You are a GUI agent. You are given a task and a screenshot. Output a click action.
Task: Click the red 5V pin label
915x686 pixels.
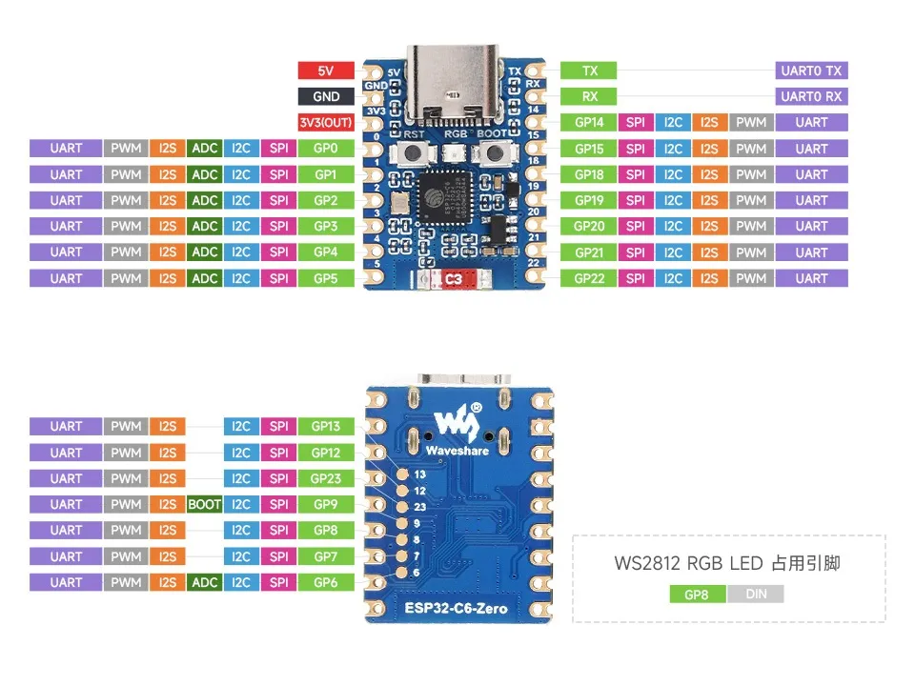pyautogui.click(x=326, y=71)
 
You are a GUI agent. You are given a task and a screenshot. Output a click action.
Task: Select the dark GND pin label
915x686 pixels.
pyautogui.click(x=326, y=96)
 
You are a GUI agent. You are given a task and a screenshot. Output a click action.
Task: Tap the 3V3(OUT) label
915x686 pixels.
pyautogui.click(x=326, y=122)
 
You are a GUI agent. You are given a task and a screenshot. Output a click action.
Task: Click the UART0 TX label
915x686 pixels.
pyautogui.click(x=811, y=71)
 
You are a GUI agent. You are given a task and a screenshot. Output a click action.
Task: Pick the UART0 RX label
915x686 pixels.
pyautogui.click(x=811, y=96)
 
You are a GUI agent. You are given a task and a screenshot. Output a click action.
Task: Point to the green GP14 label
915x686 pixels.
pyautogui.click(x=588, y=122)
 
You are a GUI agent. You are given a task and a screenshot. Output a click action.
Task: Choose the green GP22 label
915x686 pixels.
pyautogui.click(x=588, y=278)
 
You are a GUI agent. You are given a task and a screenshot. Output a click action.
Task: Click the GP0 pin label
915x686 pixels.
pyautogui.click(x=326, y=149)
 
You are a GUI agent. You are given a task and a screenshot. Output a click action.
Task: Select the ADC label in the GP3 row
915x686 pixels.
pyautogui.click(x=204, y=226)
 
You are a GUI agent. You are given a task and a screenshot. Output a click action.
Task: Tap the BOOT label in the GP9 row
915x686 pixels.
pyautogui.click(x=204, y=504)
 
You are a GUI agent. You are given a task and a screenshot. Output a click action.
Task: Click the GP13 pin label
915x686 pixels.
pyautogui.click(x=326, y=427)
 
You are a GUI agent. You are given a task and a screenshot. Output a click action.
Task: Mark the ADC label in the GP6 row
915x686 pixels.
pyautogui.click(x=204, y=582)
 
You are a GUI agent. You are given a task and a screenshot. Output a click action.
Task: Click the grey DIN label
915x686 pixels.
pyautogui.click(x=755, y=595)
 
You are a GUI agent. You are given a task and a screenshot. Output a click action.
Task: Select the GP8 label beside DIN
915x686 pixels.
pyautogui.click(x=698, y=595)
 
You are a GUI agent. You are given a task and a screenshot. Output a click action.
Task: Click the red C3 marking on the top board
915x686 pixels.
pyautogui.click(x=453, y=279)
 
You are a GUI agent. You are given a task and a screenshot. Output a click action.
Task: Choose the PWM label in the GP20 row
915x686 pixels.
pyautogui.click(x=751, y=226)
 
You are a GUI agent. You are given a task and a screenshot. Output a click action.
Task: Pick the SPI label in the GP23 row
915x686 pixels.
pyautogui.click(x=278, y=478)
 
